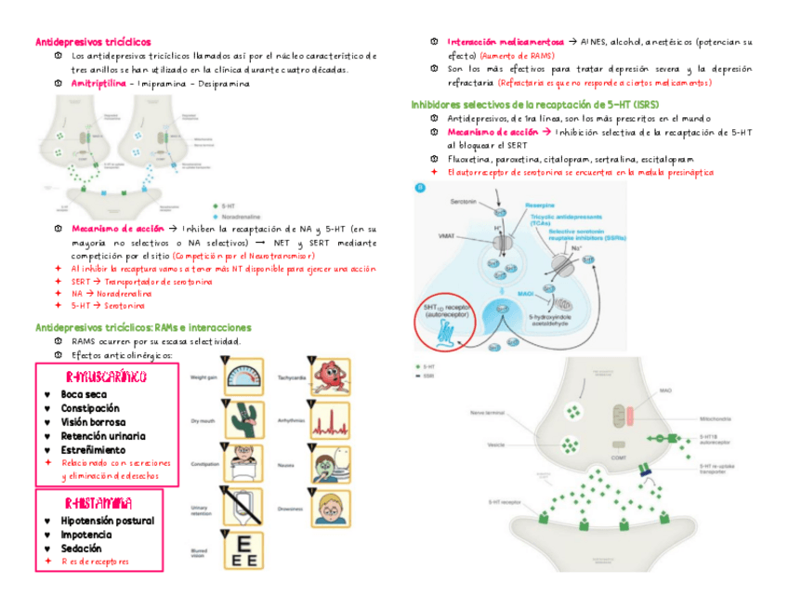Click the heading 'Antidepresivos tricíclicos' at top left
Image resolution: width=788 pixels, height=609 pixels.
click(x=93, y=42)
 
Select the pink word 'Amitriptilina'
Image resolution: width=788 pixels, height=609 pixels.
click(x=98, y=84)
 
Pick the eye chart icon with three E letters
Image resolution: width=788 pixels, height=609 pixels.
click(x=245, y=551)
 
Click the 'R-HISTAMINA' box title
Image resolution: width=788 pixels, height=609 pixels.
click(x=98, y=503)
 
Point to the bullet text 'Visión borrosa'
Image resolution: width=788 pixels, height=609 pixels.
click(x=94, y=422)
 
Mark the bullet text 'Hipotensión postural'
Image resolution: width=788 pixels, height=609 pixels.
click(x=108, y=521)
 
